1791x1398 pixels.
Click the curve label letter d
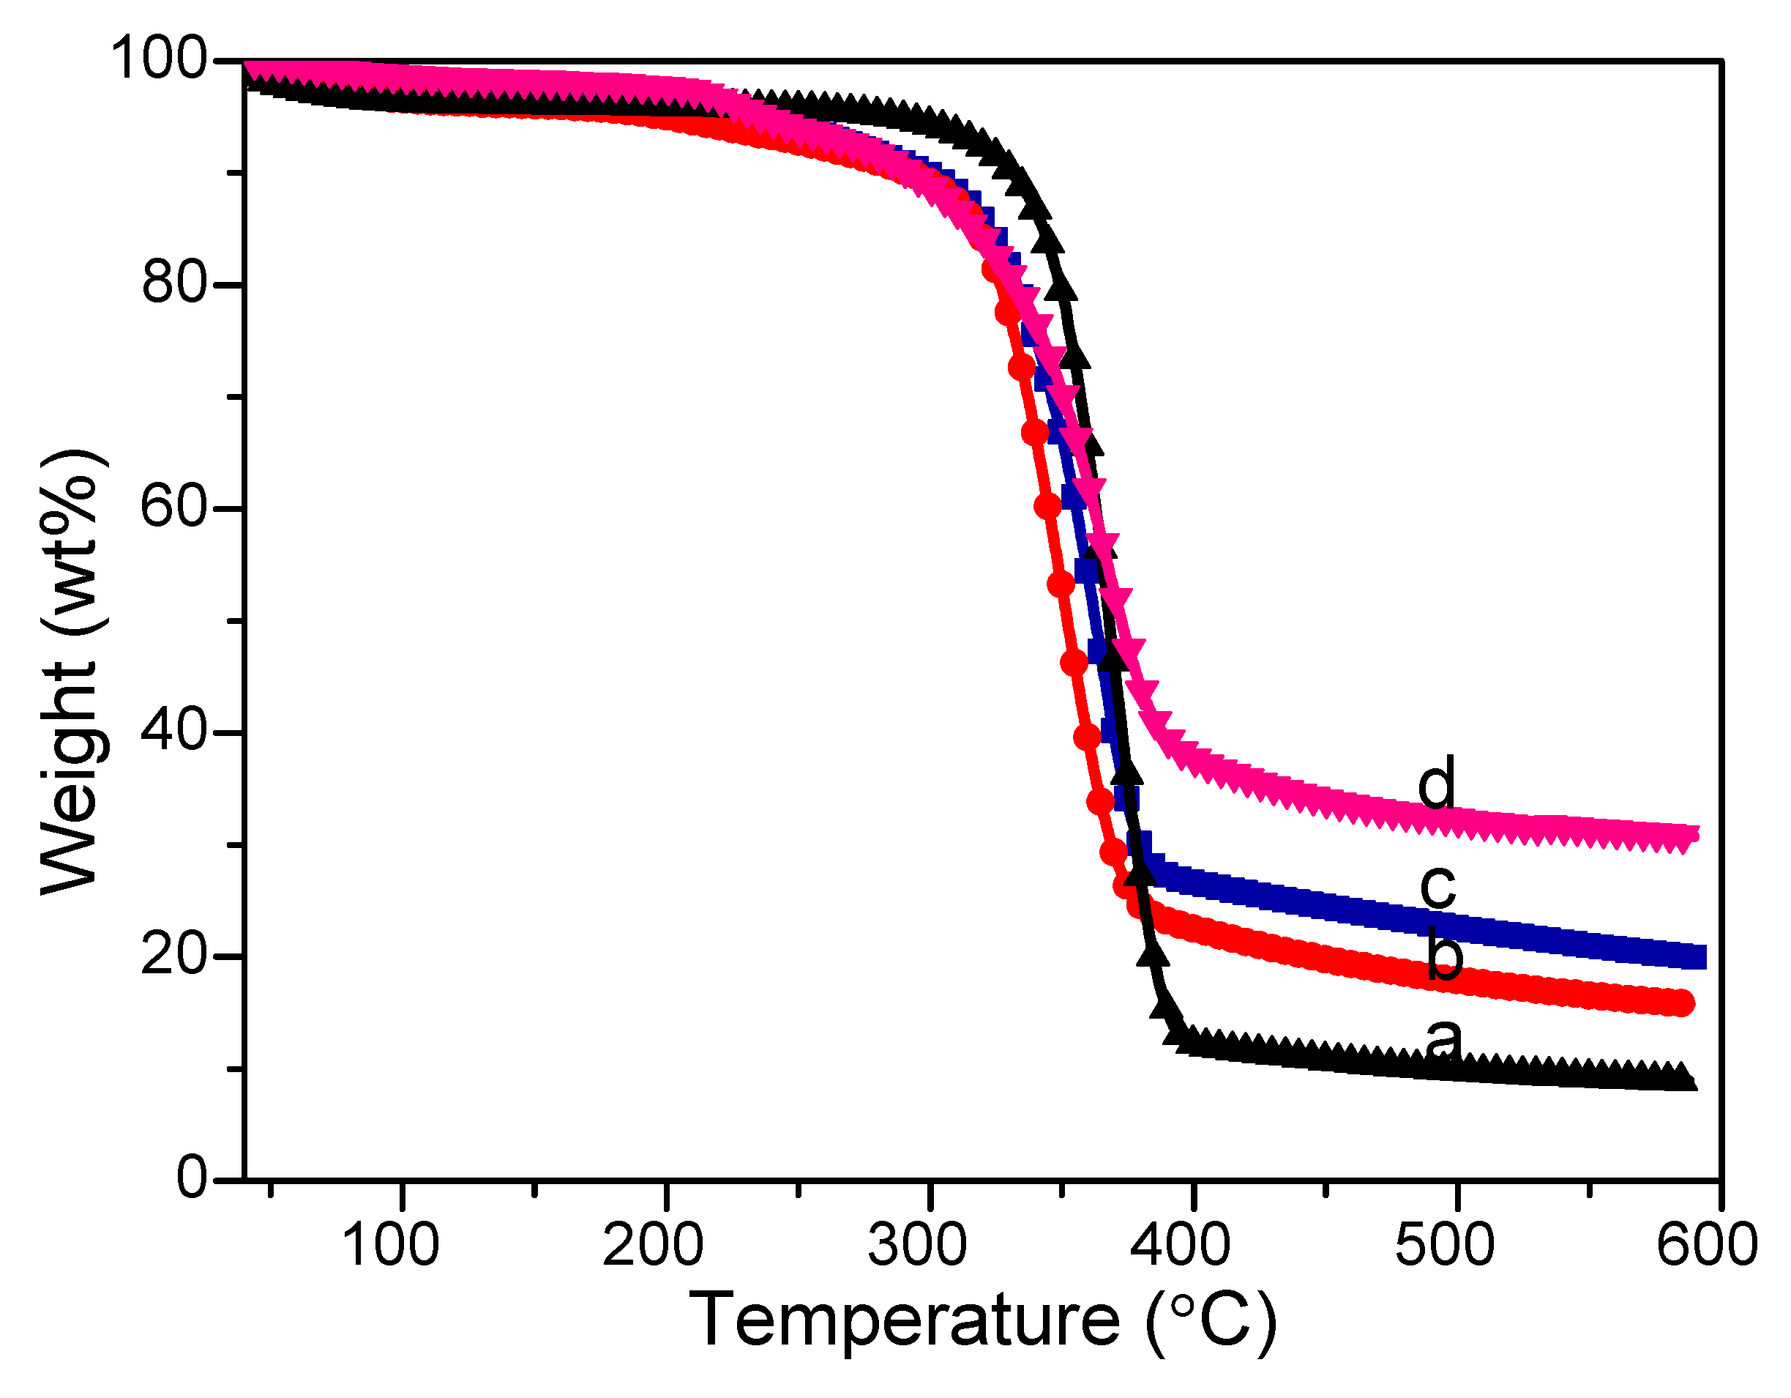tap(1437, 782)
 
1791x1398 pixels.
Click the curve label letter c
tap(1438, 886)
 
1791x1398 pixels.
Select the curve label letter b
tap(1444, 953)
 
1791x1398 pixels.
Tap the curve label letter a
tap(1443, 1041)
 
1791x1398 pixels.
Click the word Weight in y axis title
tap(70, 779)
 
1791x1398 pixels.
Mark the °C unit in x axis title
tap(1211, 1321)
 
